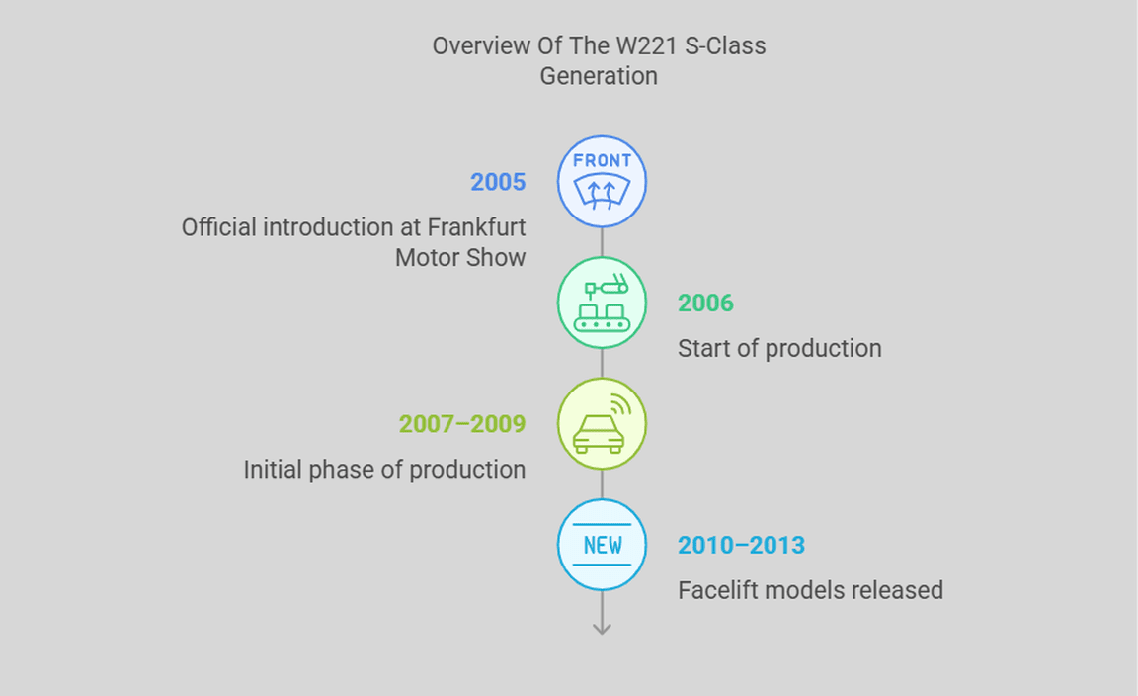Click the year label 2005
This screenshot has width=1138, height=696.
coord(498,182)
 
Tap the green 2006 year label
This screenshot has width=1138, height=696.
coord(705,303)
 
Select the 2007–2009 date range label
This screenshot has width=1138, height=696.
coord(462,423)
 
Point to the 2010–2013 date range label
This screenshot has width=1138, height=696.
coord(741,545)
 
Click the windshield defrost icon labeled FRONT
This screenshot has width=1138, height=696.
coord(602,182)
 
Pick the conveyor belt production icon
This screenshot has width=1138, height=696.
coord(602,303)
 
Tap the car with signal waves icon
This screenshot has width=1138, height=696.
coord(602,423)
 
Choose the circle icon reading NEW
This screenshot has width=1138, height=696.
coord(602,545)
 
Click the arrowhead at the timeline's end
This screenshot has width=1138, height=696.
coord(602,629)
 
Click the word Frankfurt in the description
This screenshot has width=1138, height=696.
coord(476,227)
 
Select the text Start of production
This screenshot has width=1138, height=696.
coord(779,349)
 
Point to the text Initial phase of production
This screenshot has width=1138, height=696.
coord(384,470)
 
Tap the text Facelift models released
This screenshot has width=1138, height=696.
coord(811,590)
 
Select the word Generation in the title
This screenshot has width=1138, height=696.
coord(599,76)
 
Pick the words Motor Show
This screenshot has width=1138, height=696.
coord(460,258)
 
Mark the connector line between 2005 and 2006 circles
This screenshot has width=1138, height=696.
coord(602,242)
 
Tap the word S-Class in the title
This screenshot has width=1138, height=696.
coord(725,45)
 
